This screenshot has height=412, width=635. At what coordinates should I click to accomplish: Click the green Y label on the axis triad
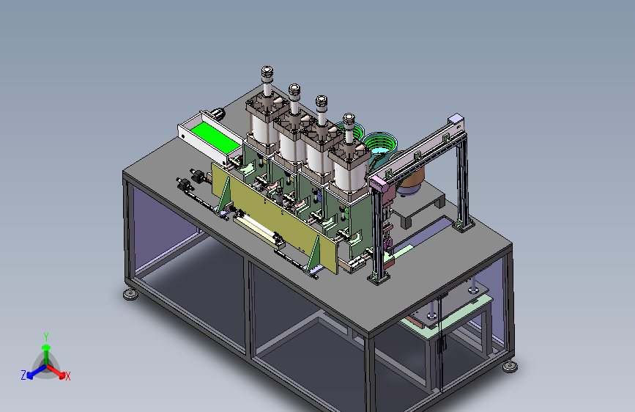(46, 337)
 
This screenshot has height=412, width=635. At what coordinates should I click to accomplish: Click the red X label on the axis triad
(67, 376)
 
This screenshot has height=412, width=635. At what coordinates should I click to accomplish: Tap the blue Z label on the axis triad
(23, 375)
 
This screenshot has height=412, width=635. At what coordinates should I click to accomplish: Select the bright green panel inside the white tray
(215, 137)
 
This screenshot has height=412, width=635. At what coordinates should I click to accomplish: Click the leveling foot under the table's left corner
(130, 295)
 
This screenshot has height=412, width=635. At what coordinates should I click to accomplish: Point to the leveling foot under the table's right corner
(510, 367)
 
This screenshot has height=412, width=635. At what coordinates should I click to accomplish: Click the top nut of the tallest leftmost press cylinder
(267, 72)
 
